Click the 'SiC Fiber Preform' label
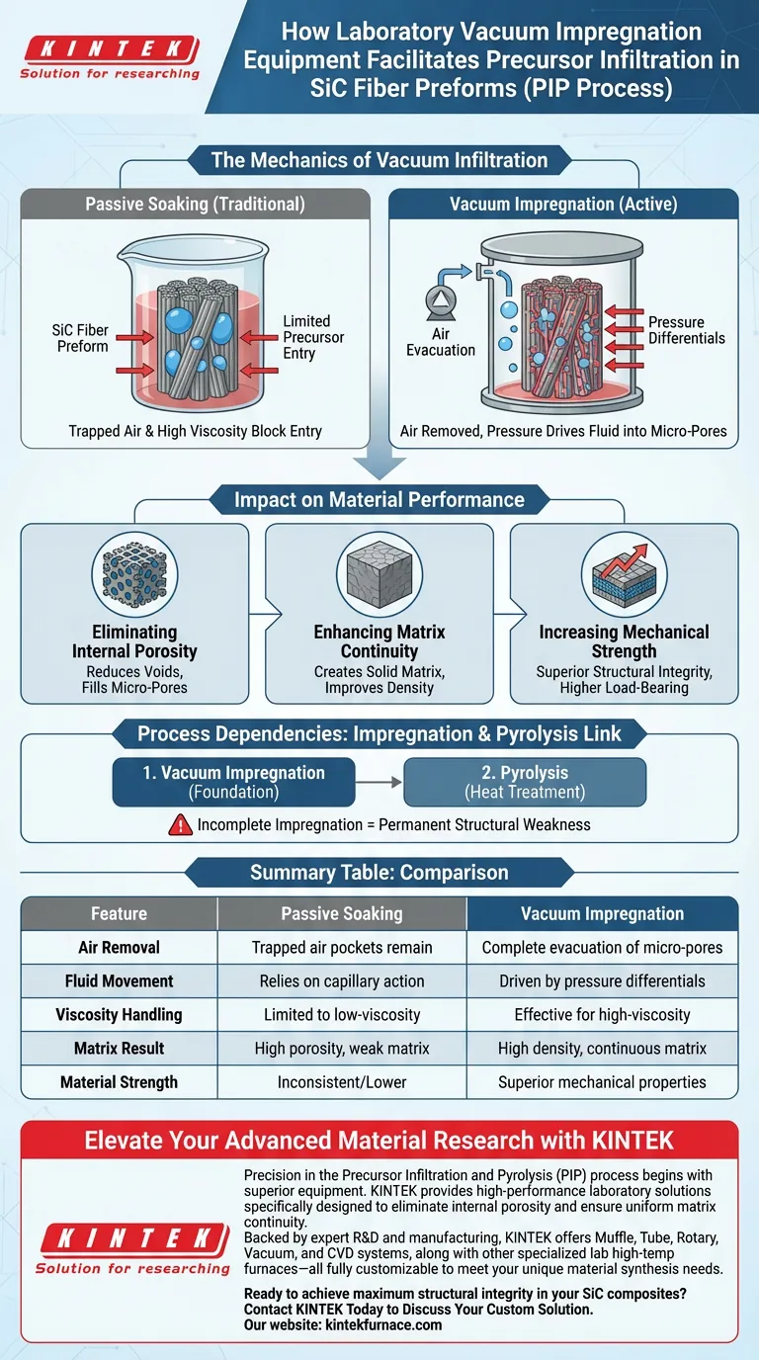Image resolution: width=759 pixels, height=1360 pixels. tap(81, 338)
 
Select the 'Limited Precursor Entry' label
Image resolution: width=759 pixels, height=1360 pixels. tap(306, 338)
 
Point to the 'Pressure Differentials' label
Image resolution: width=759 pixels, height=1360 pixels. tap(686, 330)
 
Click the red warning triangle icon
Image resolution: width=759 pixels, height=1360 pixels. tap(180, 822)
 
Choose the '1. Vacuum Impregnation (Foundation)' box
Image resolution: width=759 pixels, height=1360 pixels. tap(233, 782)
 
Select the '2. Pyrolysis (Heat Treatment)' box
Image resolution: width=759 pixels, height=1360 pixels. tap(525, 782)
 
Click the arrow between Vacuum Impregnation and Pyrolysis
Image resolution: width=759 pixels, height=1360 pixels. tap(379, 782)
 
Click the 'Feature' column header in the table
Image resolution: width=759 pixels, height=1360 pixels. tap(119, 913)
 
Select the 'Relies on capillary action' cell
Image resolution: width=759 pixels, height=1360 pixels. tap(342, 981)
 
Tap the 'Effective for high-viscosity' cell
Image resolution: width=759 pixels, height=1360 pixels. tap(602, 1015)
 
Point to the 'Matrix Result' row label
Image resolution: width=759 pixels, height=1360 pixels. tap(119, 1049)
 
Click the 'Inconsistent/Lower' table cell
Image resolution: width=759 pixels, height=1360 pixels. tap(342, 1082)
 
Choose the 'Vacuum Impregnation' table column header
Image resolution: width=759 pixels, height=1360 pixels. tap(602, 913)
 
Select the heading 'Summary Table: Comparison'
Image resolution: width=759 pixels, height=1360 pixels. tap(379, 873)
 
